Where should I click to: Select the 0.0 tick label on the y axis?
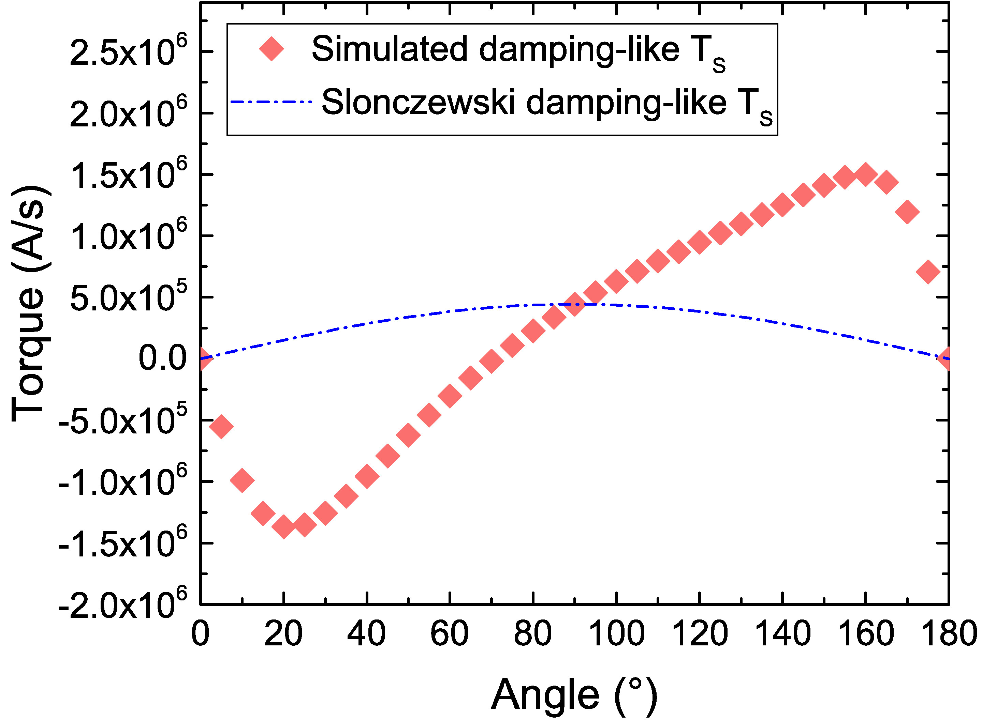point(163,359)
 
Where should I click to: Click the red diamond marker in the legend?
point(272,49)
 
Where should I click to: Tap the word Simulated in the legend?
point(390,49)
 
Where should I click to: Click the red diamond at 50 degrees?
point(408,434)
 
